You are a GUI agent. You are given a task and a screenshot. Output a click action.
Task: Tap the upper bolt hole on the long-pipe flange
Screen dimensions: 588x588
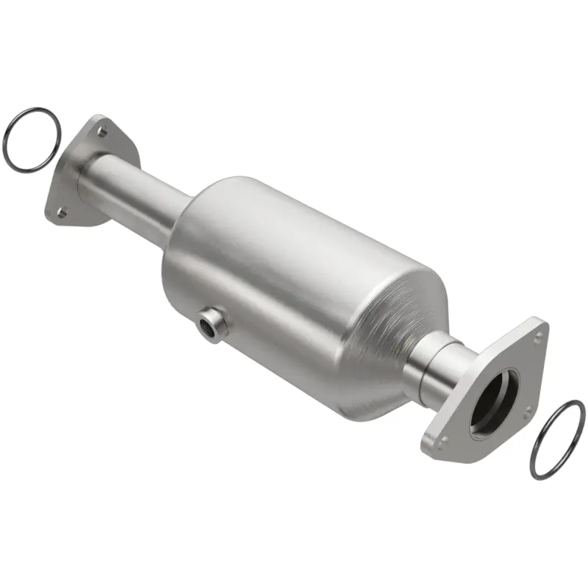pyautogui.click(x=102, y=133)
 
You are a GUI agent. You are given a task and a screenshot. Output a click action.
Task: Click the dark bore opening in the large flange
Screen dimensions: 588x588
pyautogui.click(x=493, y=401)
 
